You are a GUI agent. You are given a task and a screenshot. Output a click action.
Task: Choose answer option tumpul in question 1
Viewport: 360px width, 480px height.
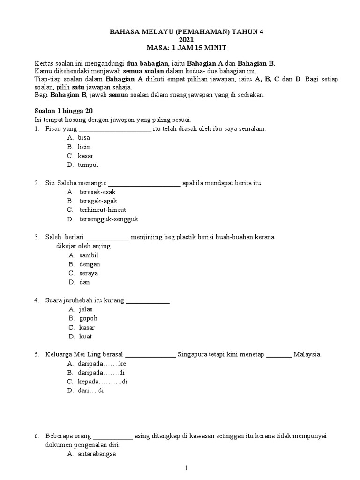coord(88,165)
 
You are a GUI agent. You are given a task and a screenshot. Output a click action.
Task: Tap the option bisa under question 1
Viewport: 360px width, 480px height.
coord(84,137)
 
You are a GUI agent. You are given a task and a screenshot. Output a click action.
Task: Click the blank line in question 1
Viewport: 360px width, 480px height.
coord(115,129)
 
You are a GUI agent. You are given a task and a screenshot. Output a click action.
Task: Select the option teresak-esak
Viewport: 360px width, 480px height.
coord(97,192)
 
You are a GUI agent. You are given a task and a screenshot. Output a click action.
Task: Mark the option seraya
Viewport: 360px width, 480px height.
coord(89,273)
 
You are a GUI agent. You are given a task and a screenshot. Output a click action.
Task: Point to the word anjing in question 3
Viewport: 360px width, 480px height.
coord(102,246)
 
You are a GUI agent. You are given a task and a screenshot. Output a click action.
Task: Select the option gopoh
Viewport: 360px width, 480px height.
coord(88,318)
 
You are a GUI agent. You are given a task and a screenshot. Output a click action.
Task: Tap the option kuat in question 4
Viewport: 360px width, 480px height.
coord(86,337)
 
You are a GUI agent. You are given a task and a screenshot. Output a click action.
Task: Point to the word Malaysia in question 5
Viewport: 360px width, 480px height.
coord(307,354)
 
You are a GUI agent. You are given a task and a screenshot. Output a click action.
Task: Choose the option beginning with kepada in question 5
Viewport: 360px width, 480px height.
coord(103,382)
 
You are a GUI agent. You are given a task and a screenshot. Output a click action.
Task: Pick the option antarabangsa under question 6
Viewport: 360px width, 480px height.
coord(97,454)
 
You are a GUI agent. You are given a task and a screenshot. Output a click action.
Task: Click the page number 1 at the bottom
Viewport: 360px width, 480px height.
coord(186,468)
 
